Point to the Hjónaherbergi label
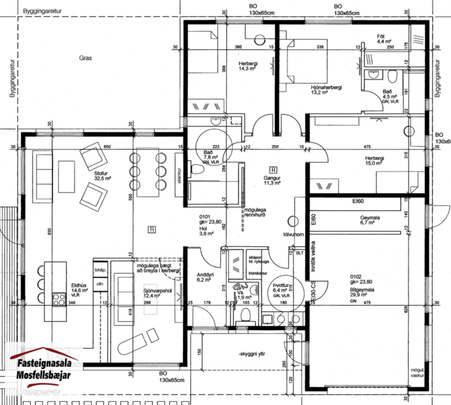point(326,88)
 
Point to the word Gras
point(86,58)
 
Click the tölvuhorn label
point(290,233)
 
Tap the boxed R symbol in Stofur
point(152,229)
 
